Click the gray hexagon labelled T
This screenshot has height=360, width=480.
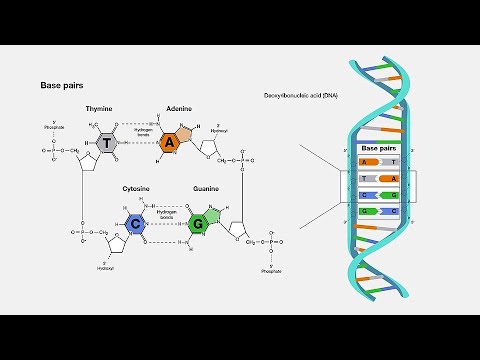tap(107, 143)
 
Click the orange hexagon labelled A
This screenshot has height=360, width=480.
tap(170, 143)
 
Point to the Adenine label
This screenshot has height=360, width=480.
tap(179, 108)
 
